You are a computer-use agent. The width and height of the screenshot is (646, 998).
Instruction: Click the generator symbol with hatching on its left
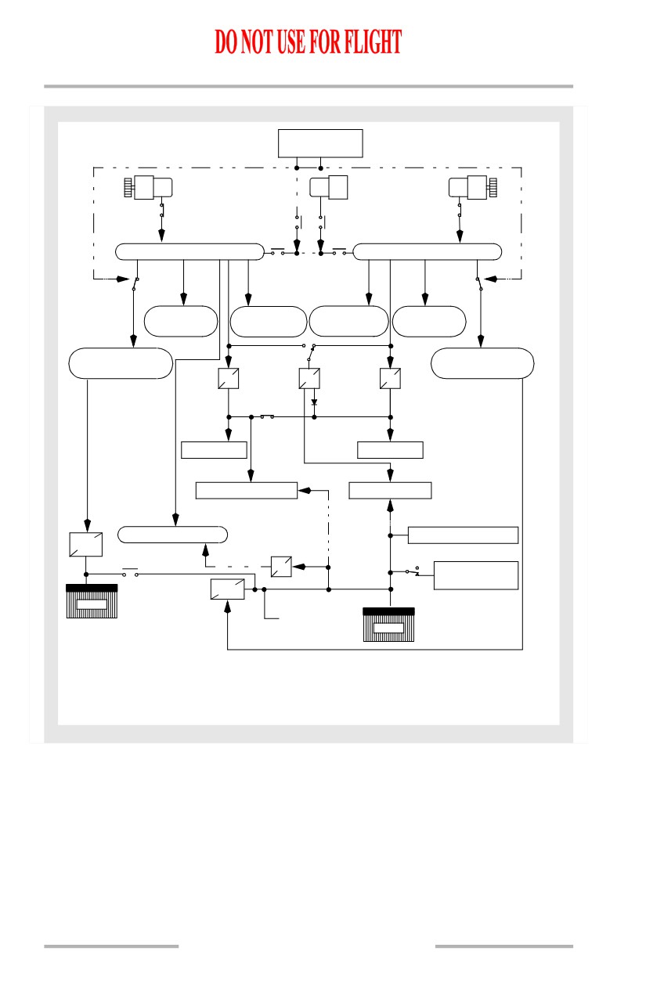[149, 187]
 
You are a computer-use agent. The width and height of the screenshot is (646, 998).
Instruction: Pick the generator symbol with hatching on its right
[473, 187]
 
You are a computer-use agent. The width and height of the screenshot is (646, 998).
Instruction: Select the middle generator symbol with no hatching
[329, 187]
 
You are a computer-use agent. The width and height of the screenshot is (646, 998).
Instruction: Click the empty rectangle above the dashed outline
[320, 143]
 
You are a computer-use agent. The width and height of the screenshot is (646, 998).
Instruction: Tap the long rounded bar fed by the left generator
[190, 252]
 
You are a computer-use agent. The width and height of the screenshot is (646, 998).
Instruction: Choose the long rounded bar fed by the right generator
[427, 252]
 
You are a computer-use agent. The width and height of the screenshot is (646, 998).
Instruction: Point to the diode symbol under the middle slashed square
[314, 402]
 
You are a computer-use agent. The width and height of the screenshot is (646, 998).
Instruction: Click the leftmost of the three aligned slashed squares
[229, 378]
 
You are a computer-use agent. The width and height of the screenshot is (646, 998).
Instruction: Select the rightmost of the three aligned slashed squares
[390, 378]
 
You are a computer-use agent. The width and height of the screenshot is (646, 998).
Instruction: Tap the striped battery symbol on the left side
[92, 601]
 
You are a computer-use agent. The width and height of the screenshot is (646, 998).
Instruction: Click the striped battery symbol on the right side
[388, 625]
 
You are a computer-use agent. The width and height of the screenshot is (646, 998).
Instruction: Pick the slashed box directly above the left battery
[85, 545]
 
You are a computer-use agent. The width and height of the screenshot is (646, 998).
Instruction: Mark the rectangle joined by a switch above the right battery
[476, 575]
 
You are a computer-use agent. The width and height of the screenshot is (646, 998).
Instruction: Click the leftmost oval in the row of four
[181, 321]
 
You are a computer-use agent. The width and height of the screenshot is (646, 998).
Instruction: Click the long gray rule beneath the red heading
[309, 86]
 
